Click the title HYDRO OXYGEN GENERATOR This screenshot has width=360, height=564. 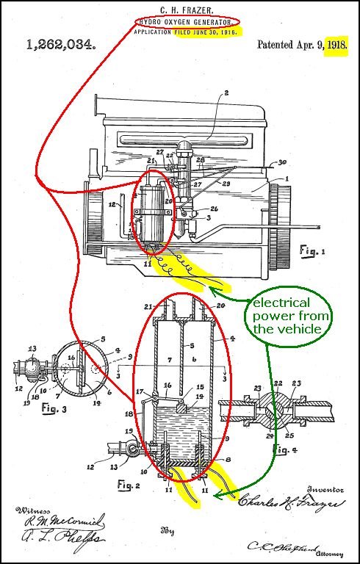pos(187,21)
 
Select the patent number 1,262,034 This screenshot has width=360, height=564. pos(60,45)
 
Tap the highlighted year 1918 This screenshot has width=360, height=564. pos(338,45)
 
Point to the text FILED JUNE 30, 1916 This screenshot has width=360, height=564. pos(206,34)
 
